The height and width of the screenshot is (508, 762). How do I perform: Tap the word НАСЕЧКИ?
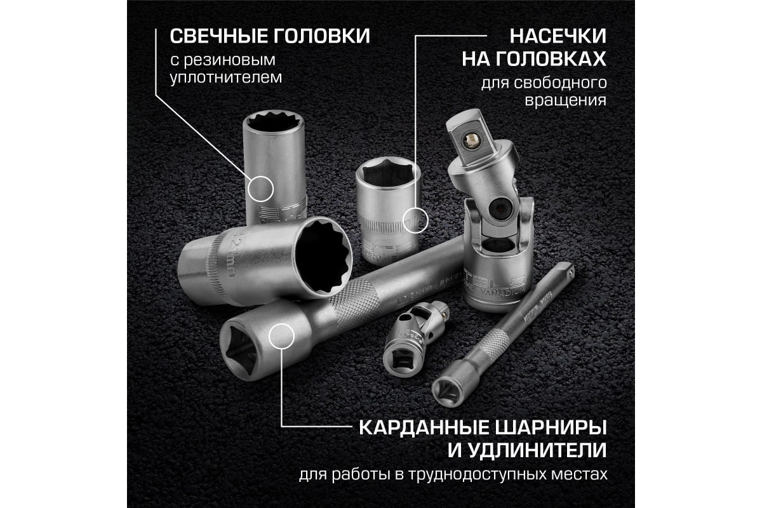(558, 36)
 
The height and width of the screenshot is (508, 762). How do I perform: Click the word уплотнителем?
(226, 78)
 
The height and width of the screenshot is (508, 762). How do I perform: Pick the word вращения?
(565, 101)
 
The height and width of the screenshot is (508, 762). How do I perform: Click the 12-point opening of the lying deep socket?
(323, 258)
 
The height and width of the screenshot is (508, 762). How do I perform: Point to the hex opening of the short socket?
(387, 173)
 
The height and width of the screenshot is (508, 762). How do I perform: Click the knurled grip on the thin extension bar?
(493, 344)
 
